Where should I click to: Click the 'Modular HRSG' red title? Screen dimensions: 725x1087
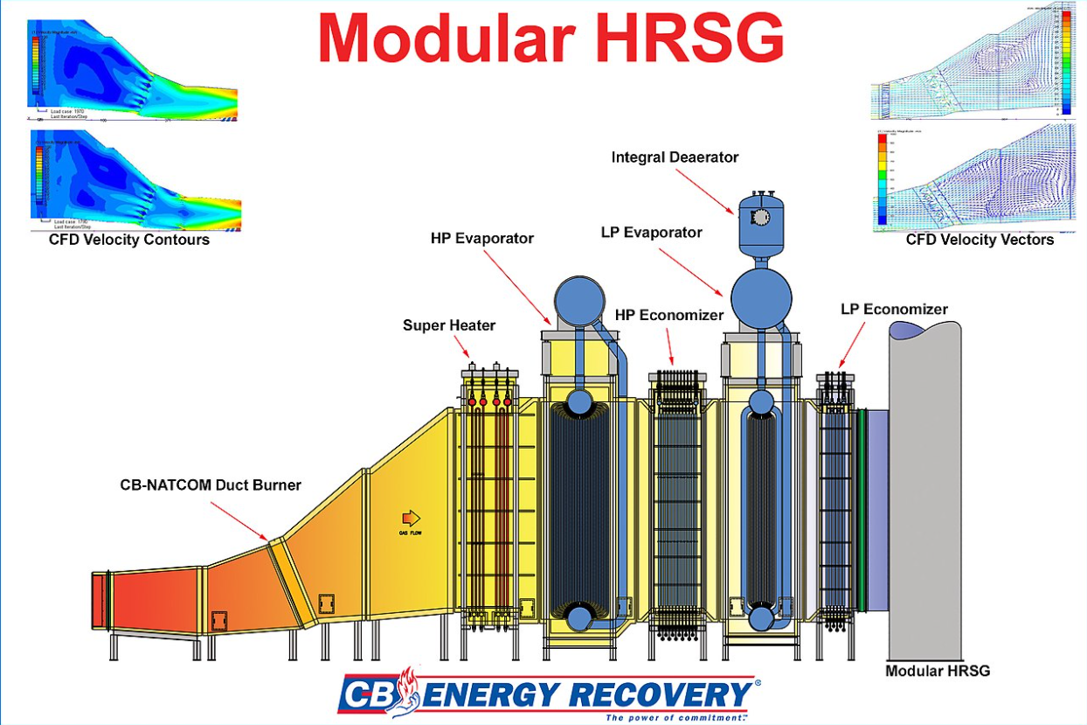(550, 38)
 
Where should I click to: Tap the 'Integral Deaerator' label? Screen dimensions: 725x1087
(675, 157)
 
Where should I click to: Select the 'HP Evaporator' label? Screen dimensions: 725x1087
(481, 238)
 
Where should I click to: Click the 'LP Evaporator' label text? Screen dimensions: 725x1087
(652, 233)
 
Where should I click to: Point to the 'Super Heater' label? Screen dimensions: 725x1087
(449, 325)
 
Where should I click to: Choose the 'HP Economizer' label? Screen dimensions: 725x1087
(669, 315)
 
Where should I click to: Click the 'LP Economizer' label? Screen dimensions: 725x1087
(894, 309)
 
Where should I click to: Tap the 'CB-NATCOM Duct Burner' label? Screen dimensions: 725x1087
(210, 484)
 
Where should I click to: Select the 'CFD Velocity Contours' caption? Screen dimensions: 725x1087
(129, 240)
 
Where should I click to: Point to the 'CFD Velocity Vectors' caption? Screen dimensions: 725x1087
(980, 239)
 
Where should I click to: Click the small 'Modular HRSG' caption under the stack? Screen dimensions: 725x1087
(938, 671)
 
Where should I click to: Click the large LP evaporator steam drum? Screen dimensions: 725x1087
(761, 298)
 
